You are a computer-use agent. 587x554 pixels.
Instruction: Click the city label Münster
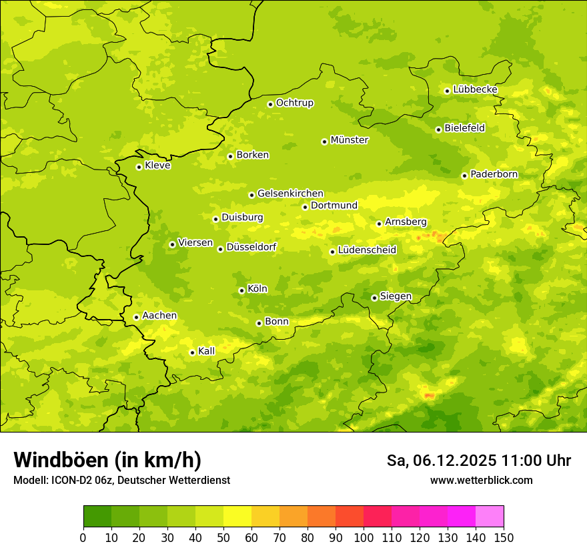pyautogui.click(x=349, y=140)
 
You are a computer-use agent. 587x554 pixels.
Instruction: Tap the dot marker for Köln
pyautogui.click(x=241, y=290)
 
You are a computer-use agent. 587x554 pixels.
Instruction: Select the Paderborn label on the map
pyautogui.click(x=494, y=174)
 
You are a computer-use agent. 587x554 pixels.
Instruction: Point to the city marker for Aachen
pyautogui.click(x=136, y=317)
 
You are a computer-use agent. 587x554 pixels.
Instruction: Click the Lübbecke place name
pyautogui.click(x=475, y=89)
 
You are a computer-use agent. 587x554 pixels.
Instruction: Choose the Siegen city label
pyautogui.click(x=396, y=296)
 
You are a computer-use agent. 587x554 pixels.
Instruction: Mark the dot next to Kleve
pyautogui.click(x=139, y=167)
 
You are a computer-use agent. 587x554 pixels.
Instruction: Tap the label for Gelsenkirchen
pyautogui.click(x=290, y=194)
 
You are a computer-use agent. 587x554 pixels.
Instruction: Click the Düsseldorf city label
pyautogui.click(x=251, y=247)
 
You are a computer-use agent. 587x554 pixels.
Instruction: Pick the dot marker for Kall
pyautogui.click(x=192, y=352)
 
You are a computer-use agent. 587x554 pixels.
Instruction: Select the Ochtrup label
pyautogui.click(x=294, y=103)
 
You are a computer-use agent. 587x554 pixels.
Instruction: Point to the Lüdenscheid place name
pyautogui.click(x=367, y=250)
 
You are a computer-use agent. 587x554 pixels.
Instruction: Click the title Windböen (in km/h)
pyautogui.click(x=107, y=460)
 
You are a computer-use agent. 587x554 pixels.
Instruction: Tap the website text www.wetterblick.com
pyautogui.click(x=481, y=480)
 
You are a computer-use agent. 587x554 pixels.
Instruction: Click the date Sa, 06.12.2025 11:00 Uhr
pyautogui.click(x=478, y=461)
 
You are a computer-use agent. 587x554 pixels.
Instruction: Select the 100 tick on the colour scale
pyautogui.click(x=364, y=537)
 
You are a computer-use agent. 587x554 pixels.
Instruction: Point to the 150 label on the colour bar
pyautogui.click(x=504, y=537)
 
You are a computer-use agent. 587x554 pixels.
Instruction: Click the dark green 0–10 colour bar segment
pyautogui.click(x=97, y=517)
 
